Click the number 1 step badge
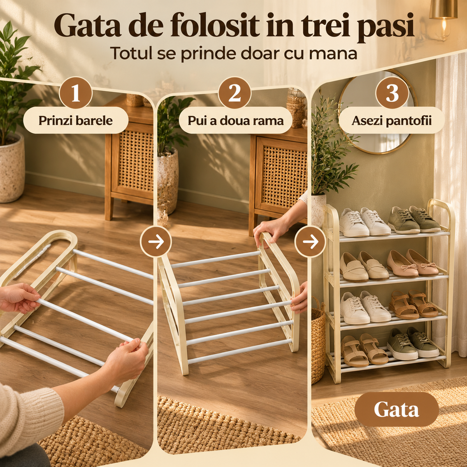(x=76, y=93)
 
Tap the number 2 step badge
(x=234, y=93)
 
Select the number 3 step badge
(x=392, y=93)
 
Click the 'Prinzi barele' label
(x=75, y=120)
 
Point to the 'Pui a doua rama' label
(x=235, y=120)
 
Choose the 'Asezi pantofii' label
(x=392, y=120)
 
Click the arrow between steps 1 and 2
(x=156, y=242)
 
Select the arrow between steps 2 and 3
(x=311, y=242)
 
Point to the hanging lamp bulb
(x=444, y=27)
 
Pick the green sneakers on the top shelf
(x=414, y=219)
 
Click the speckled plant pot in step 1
(x=12, y=168)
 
